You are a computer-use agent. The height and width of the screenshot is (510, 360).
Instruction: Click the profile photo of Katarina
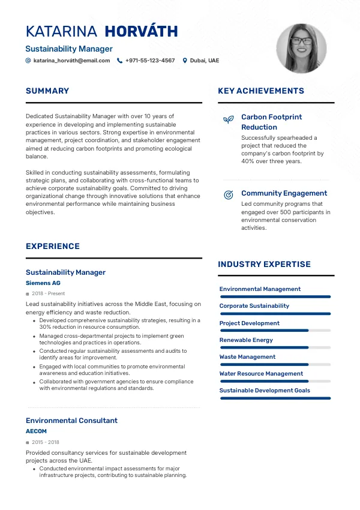click(301, 49)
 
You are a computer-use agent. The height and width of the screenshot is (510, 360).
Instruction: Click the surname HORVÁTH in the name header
click(141, 31)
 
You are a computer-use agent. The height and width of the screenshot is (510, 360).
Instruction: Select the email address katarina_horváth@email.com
click(71, 61)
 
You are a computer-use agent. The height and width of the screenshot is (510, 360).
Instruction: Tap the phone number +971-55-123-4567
click(150, 61)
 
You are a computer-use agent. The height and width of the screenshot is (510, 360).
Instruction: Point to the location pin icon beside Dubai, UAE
click(185, 61)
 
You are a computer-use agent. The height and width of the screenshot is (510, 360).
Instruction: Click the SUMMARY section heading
click(47, 91)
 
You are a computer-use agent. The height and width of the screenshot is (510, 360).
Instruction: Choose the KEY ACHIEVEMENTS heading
click(261, 91)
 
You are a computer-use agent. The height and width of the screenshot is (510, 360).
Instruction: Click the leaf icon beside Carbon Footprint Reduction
click(228, 119)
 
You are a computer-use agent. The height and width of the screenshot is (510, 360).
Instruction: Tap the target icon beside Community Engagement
click(228, 195)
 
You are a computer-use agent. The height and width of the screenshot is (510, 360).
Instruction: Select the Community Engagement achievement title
click(284, 193)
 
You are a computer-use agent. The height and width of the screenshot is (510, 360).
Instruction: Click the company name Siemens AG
click(43, 283)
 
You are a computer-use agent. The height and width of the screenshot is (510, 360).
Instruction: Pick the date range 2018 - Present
click(48, 293)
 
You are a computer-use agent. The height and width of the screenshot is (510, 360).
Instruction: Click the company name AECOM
click(36, 431)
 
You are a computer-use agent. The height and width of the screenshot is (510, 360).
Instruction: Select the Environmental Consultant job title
click(71, 421)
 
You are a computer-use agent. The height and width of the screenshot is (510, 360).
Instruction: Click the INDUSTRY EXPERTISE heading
click(264, 264)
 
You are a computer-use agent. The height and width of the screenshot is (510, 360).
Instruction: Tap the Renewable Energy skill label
click(246, 340)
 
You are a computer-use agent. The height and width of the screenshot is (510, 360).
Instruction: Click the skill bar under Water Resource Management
click(275, 381)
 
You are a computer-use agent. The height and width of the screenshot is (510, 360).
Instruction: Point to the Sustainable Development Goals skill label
click(265, 390)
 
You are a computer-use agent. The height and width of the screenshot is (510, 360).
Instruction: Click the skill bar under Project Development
click(275, 331)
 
